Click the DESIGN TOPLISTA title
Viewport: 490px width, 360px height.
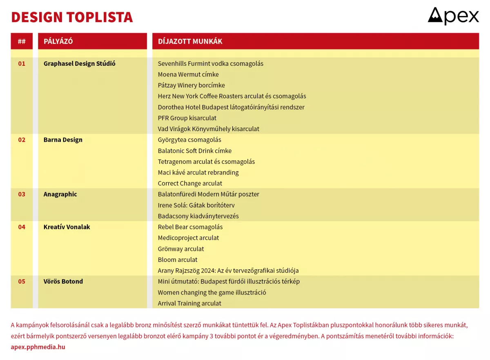[x=72, y=17]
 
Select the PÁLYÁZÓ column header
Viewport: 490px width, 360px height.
[x=58, y=41]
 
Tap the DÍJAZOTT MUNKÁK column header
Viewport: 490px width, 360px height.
[x=190, y=41]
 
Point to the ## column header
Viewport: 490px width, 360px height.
[x=22, y=41]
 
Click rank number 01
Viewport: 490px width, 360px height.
[x=22, y=63]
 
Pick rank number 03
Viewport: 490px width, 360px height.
[x=22, y=194]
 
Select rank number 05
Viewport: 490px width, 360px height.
[x=22, y=281]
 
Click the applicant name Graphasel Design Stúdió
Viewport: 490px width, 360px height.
[x=79, y=63]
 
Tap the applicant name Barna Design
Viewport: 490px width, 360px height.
[x=63, y=140]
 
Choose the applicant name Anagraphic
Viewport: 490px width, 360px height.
[x=60, y=194]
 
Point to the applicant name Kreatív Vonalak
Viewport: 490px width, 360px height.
[x=67, y=227]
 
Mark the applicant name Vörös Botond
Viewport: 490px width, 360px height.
[x=63, y=281]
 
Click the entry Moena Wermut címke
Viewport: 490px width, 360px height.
[x=188, y=74]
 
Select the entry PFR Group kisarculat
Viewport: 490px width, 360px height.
[x=187, y=118]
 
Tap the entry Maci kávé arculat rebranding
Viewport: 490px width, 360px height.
[x=198, y=172]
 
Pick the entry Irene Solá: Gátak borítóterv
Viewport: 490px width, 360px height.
[x=196, y=205]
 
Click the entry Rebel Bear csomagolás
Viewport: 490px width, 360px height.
[x=190, y=227]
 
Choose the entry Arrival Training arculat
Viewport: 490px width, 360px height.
[x=189, y=303]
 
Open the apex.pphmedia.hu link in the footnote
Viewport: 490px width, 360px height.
[x=38, y=347]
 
